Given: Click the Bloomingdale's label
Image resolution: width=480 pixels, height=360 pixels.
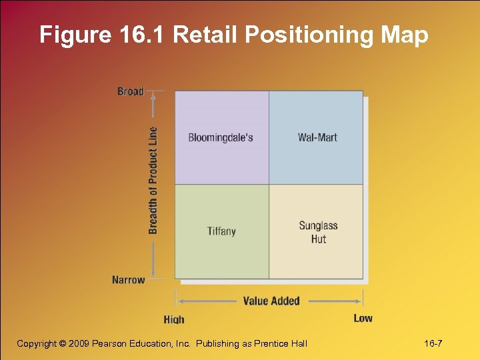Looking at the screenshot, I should coord(221,138).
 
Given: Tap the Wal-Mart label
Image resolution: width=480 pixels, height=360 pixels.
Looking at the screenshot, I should coord(317,138).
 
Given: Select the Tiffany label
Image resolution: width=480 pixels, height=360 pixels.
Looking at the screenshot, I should coord(221,231).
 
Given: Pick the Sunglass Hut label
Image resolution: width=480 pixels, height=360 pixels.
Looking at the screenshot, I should coord(318,232).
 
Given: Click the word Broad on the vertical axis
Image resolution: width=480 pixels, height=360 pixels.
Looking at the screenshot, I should coord(131,91).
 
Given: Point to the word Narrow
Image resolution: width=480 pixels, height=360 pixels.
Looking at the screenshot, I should coord(129,280).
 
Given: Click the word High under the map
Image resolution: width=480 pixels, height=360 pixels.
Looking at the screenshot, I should coord(174,319).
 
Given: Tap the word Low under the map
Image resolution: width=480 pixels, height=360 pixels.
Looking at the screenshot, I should coord(363,318).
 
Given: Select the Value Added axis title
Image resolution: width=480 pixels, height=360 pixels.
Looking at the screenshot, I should coord(271,301).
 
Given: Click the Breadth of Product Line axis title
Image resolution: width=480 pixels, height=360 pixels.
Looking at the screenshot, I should coord(153,180).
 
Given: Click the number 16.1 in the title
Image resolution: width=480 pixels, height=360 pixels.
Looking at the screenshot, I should coord(143,35).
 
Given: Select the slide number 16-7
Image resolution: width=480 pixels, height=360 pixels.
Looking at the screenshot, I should coord(433,343).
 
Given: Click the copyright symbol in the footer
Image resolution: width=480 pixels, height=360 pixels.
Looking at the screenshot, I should coord(63,343).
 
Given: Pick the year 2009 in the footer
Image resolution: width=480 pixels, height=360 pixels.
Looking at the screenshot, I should coord(81,343).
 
